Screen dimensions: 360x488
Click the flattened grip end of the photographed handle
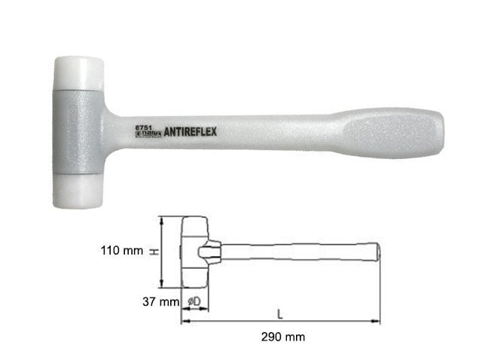point(395,133)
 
